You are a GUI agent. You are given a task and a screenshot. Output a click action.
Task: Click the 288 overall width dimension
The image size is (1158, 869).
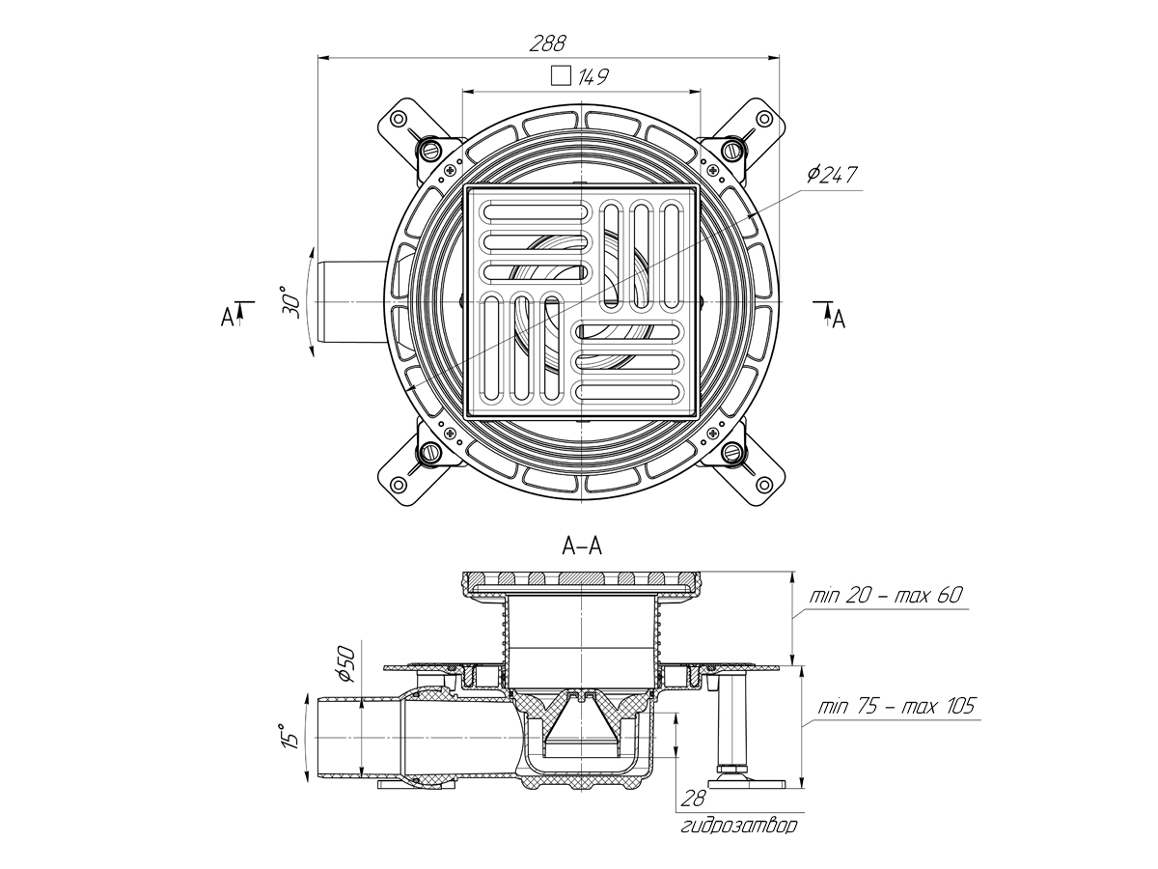[x=547, y=43]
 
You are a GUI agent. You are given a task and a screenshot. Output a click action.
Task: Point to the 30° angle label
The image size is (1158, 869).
[x=291, y=302]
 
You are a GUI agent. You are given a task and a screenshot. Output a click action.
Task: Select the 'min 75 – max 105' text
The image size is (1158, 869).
[x=896, y=707]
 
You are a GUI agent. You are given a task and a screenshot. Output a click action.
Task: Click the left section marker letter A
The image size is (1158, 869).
[x=227, y=316]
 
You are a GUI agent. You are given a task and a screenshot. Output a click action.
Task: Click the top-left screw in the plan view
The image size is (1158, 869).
[x=430, y=149]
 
